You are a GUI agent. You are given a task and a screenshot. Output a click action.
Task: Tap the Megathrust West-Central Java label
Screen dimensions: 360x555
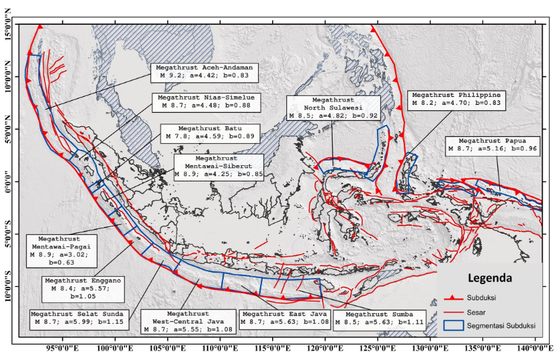187,322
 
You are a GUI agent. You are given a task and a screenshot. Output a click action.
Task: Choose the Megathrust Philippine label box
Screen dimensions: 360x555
456,99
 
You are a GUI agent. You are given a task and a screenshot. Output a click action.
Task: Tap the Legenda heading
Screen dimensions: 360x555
488,277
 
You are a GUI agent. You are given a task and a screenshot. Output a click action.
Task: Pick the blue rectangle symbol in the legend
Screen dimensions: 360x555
458,326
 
